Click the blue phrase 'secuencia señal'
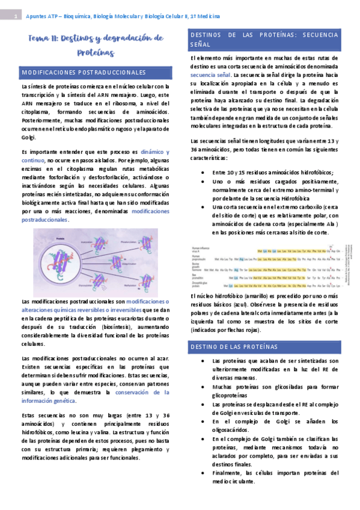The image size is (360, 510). point(209,75)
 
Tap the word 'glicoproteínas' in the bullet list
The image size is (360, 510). point(232,396)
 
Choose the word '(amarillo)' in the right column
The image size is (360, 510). point(257,297)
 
